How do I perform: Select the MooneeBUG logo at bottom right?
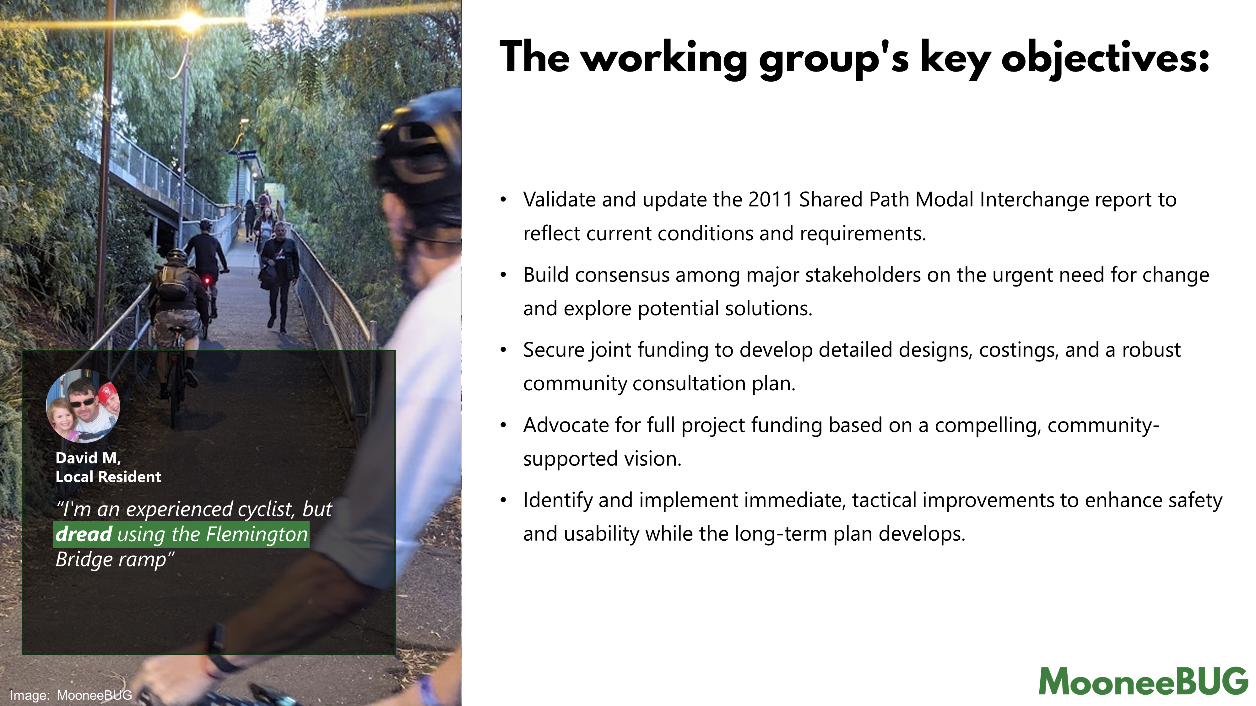click(x=1143, y=681)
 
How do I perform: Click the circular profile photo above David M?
click(x=83, y=406)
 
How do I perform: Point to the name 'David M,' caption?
click(x=88, y=458)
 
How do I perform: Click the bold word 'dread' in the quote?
click(x=84, y=534)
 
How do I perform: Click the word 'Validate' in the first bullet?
click(x=559, y=200)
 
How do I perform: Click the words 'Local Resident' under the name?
click(x=108, y=477)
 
